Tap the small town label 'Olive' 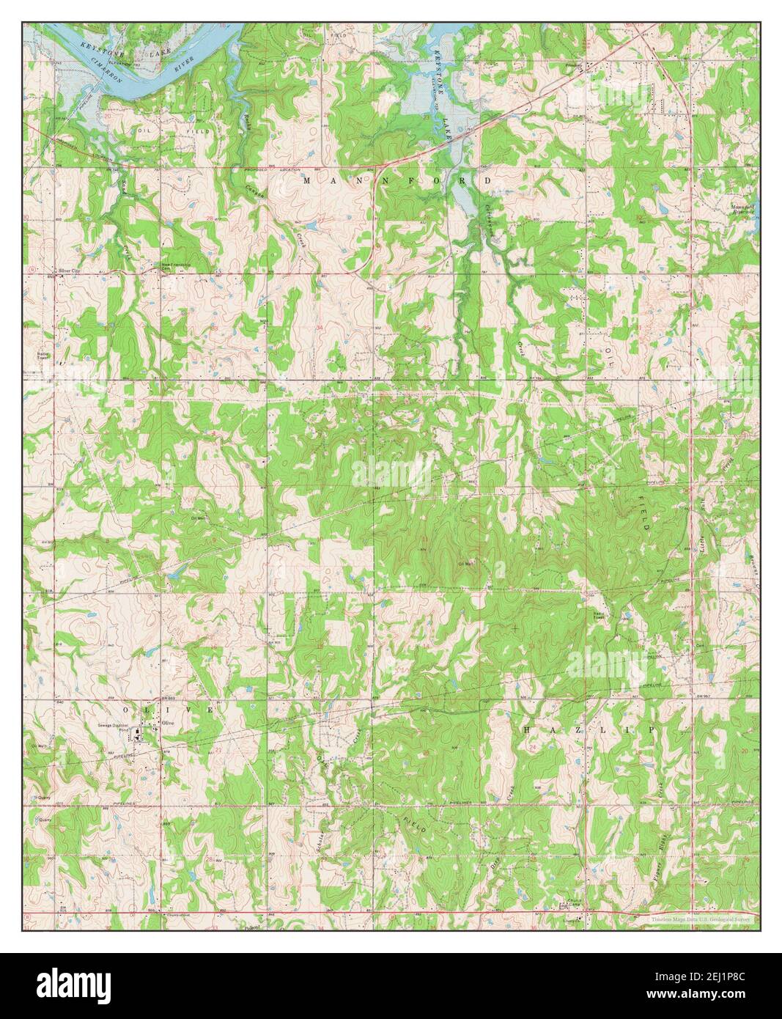click(x=170, y=723)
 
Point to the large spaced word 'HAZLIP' click(x=588, y=731)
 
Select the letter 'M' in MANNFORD click(x=306, y=180)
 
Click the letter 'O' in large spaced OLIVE click(x=127, y=710)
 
